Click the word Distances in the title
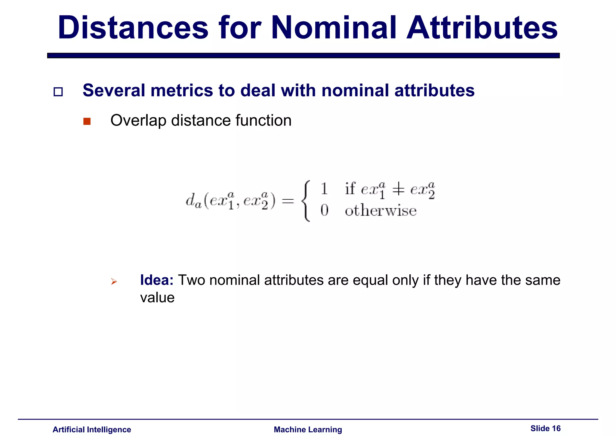(133, 28)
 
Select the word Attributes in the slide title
(482, 28)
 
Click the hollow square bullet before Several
(58, 92)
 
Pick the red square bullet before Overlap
(87, 121)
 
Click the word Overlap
(138, 121)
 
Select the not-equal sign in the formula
(398, 190)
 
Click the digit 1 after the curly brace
(324, 189)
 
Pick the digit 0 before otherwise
(324, 210)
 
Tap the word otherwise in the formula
(380, 210)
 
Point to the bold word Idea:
(157, 280)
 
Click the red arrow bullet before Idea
(114, 282)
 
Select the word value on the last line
(157, 298)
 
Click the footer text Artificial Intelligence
(92, 429)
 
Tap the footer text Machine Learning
(308, 429)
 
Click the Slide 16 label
(545, 428)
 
